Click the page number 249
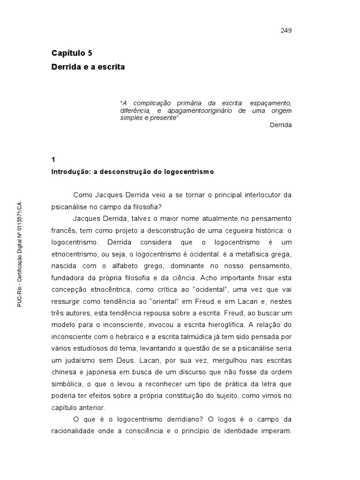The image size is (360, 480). pos(286,30)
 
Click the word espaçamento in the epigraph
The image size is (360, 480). pos(270,103)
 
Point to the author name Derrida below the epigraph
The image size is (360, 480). pos(281,125)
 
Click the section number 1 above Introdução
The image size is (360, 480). pos(53,159)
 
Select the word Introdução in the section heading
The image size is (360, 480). pos(70,172)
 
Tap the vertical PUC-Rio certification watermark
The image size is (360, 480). pos(20,255)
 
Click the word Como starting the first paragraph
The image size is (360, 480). pos(83,195)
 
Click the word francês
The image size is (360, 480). pos(63,231)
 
